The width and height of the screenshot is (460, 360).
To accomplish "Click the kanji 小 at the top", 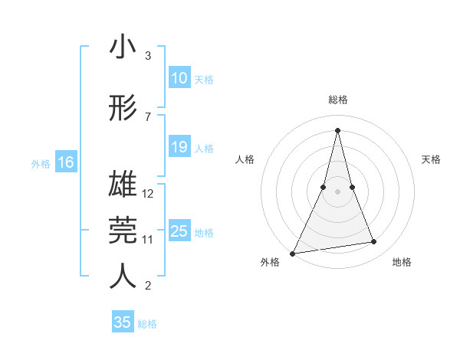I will coord(123,47).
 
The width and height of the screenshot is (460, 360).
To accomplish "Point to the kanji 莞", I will coord(123,231).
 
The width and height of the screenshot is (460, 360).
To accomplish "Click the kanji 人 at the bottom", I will coord(123,277).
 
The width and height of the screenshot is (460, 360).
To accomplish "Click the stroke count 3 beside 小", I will coord(148,56).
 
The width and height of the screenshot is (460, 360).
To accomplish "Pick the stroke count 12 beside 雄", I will coord(149,194).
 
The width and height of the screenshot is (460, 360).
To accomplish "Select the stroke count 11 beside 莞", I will coord(149,240).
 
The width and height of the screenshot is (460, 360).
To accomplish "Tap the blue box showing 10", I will coord(179,78).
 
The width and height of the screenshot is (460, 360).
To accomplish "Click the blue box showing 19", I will coord(179,147).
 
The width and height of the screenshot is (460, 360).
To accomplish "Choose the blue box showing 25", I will coord(179,231).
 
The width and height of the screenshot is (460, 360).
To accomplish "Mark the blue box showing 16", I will coord(65,162).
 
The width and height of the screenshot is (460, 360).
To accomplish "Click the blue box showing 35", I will coord(123,322).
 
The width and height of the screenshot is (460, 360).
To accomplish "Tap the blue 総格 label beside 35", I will coord(148,324).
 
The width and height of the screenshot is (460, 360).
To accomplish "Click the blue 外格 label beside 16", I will coord(41,163).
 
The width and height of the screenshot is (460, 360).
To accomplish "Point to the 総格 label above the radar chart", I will coord(337,100).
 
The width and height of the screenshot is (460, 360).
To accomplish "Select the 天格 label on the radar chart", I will coord(432,159).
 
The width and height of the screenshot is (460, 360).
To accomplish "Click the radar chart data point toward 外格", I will coord(292,253).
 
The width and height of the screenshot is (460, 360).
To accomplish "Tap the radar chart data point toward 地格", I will coord(374,242).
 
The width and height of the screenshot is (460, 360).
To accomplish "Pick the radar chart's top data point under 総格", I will coord(337,130).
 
